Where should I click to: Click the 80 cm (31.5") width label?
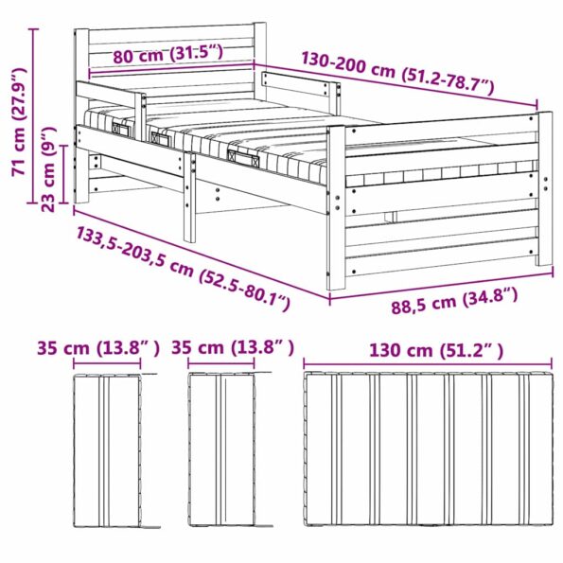[167, 55]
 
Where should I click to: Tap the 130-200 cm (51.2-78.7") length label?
[397, 72]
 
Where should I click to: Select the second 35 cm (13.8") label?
[233, 349]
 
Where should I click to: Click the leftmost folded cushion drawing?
[109, 449]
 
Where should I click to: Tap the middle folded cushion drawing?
[222, 449]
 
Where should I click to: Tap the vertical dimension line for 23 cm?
[64, 175]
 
